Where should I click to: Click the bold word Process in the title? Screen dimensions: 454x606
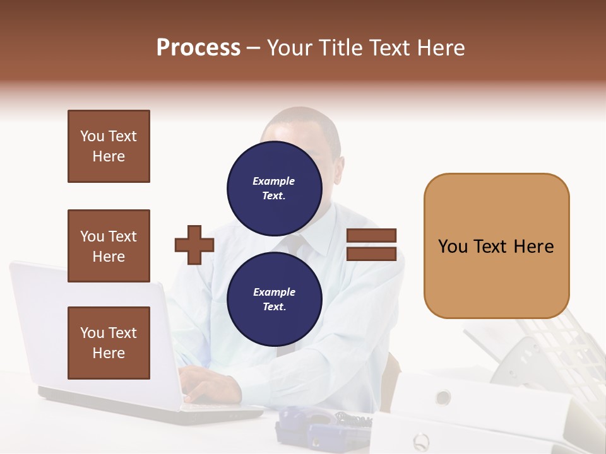click(198, 48)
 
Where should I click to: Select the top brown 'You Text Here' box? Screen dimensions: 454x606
click(109, 146)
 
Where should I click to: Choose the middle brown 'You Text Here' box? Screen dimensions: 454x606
click(109, 246)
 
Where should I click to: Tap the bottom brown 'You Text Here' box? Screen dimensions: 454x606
click(109, 342)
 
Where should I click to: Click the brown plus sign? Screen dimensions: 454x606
click(194, 245)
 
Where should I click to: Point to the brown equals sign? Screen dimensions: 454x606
click(371, 245)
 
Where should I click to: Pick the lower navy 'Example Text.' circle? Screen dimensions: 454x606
click(274, 299)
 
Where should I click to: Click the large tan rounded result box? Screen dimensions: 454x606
click(496, 246)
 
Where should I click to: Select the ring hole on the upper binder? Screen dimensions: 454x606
click(443, 397)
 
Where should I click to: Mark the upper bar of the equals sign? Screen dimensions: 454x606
click(371, 236)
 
